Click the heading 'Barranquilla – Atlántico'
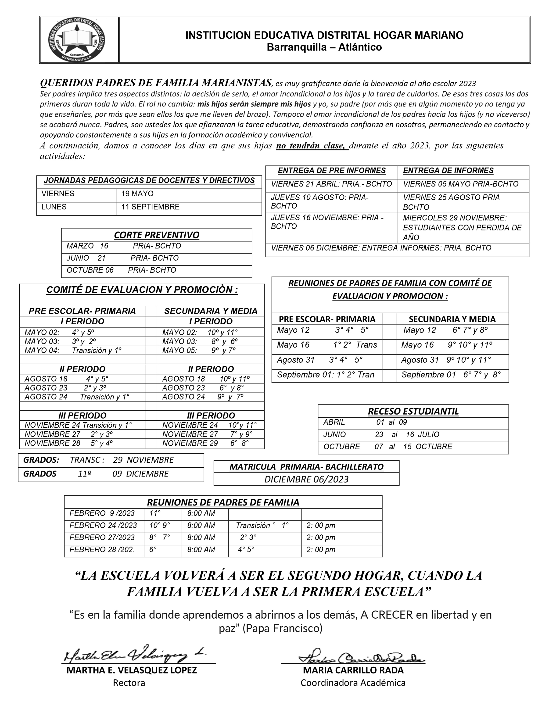(324, 47)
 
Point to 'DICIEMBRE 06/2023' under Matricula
(306, 479)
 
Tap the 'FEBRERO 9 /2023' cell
(102, 513)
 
